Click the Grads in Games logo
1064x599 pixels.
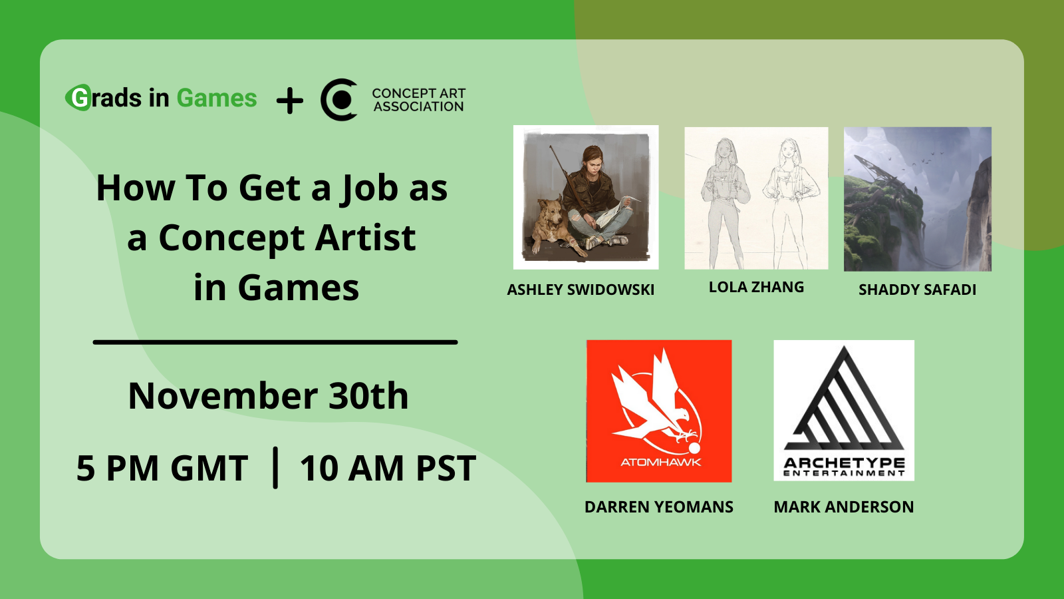click(x=162, y=99)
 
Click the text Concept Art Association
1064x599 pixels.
click(x=418, y=100)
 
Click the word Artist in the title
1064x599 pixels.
click(x=365, y=238)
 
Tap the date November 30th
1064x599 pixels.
click(x=268, y=396)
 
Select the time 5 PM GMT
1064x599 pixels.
click(x=162, y=468)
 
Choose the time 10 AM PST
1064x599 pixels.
click(x=388, y=468)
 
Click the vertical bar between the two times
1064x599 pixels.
click(x=275, y=468)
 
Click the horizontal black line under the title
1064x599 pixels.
click(x=275, y=342)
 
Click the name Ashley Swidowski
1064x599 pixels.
click(x=581, y=290)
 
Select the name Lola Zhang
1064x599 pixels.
click(x=756, y=287)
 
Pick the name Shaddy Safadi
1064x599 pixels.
click(x=917, y=290)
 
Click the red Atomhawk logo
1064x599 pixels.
click(x=659, y=411)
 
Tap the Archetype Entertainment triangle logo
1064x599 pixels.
click(x=844, y=410)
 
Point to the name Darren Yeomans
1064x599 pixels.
click(x=658, y=506)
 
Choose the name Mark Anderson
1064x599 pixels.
click(x=843, y=506)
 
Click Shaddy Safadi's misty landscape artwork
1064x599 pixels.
click(x=917, y=198)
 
